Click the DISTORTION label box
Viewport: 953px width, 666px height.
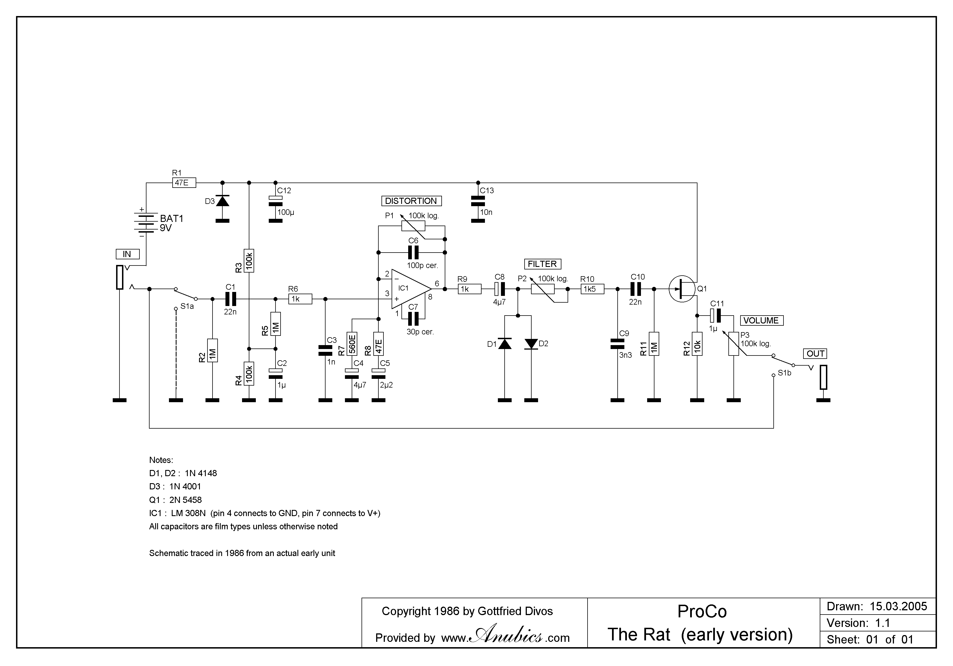pos(411,201)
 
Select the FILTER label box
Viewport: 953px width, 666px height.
pos(542,264)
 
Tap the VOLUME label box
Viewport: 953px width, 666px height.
pos(761,321)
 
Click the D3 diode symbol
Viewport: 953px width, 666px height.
pos(222,201)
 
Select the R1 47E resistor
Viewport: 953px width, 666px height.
pos(184,183)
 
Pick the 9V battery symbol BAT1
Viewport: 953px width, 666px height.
pos(144,223)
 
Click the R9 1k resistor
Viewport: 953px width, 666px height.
pos(469,289)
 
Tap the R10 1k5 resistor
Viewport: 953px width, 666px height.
pos(592,289)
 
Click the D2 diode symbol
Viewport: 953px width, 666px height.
pos(531,344)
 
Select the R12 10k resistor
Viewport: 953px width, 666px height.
pos(697,344)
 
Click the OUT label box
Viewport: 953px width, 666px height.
pos(815,354)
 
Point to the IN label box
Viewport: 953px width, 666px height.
pos(127,254)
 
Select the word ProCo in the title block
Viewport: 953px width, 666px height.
pos(702,612)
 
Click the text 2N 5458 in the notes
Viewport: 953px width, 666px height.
pos(185,500)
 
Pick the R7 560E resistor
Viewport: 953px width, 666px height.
pos(352,344)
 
